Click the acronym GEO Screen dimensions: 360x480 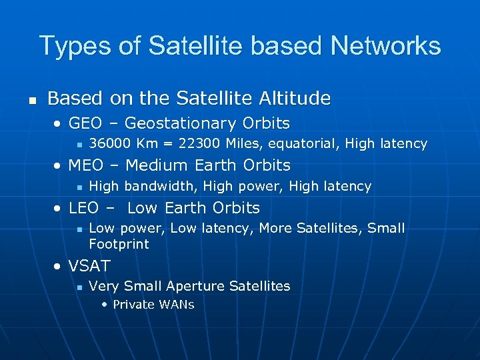pos(85,123)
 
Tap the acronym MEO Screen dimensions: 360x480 pos(86,165)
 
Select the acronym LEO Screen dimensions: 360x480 pos(84,207)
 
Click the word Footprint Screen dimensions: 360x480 pos(119,244)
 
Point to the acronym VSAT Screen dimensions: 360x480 pos(89,266)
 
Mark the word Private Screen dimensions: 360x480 pos(134,305)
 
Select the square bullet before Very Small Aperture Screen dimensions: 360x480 pos(79,287)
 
